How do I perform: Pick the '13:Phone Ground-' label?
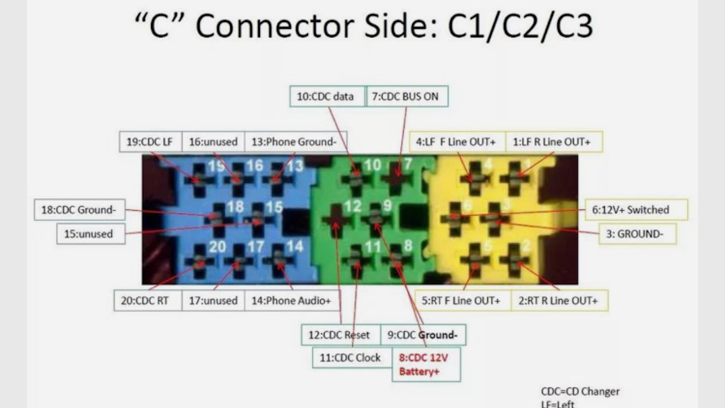(295, 141)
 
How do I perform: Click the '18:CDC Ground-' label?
(79, 209)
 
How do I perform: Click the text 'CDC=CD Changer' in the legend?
(580, 391)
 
